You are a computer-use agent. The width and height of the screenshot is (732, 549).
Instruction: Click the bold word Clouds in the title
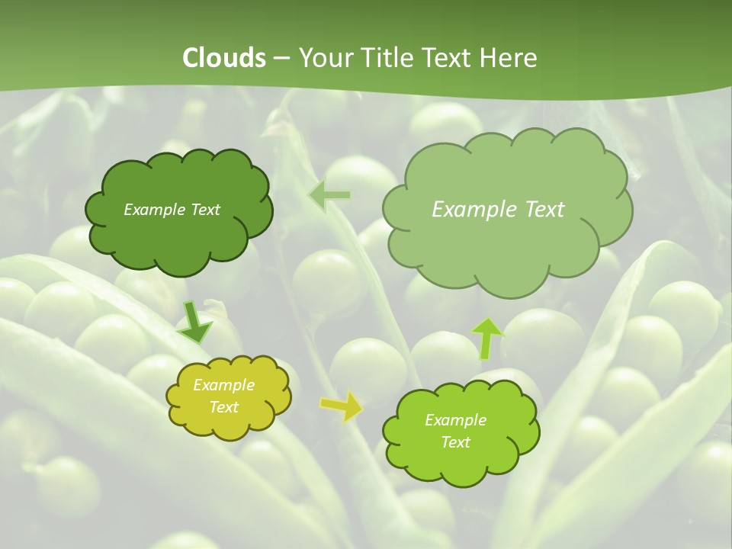pos(223,58)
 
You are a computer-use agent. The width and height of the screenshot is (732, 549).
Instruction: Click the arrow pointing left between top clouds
pos(329,196)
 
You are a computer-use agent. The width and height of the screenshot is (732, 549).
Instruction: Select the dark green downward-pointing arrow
pos(194,323)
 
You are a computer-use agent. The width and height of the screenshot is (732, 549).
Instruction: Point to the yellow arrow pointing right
pos(342,406)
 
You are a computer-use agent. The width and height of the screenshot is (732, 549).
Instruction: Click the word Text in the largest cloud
pos(544,210)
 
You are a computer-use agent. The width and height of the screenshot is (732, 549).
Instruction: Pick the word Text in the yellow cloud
pos(224,407)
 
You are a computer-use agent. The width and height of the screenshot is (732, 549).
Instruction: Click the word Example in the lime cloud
pos(455,420)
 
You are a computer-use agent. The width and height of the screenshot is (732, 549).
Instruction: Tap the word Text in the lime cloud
pos(455,442)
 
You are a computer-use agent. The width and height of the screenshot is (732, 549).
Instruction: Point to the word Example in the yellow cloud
pos(224,385)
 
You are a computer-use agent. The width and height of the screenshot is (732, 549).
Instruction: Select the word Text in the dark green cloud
pos(204,210)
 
